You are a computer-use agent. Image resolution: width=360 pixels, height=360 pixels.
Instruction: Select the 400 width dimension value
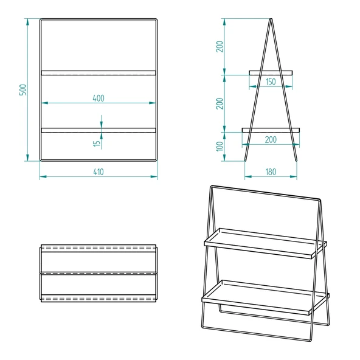(x=99, y=98)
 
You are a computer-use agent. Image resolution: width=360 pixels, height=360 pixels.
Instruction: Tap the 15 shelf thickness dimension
(x=95, y=144)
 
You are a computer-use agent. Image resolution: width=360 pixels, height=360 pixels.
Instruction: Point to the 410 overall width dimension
(x=99, y=172)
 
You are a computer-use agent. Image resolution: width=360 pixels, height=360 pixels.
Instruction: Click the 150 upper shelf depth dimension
(x=271, y=81)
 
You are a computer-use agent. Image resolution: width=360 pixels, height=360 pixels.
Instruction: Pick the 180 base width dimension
(x=271, y=172)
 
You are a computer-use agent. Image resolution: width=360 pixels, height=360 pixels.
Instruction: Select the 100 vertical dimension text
(x=220, y=147)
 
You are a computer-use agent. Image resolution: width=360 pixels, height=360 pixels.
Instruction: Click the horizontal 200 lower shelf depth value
(x=271, y=139)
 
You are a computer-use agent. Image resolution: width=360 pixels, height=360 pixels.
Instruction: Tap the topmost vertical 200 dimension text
(x=220, y=46)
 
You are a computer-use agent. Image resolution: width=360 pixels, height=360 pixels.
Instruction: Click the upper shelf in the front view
(x=99, y=73)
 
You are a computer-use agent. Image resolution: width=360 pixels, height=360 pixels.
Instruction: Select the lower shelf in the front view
(x=99, y=130)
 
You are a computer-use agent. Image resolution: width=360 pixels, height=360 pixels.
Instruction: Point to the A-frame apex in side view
(x=271, y=20)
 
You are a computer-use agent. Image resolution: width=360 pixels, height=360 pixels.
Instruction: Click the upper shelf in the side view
(x=271, y=73)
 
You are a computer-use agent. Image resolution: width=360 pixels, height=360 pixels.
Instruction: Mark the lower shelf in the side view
(x=271, y=130)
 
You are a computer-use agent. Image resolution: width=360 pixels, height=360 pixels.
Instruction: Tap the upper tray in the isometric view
(x=265, y=243)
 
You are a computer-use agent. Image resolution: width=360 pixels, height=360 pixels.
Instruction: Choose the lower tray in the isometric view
(x=265, y=297)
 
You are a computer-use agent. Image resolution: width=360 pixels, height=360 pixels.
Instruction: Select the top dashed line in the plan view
(x=99, y=248)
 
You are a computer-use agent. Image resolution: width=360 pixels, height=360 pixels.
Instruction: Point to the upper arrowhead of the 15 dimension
(x=101, y=125)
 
